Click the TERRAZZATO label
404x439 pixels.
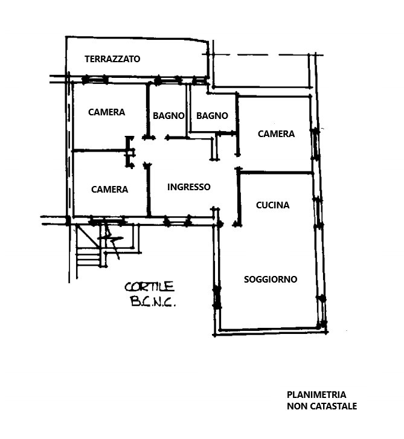(112, 59)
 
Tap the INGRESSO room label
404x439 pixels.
(188, 187)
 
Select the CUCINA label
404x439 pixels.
(273, 205)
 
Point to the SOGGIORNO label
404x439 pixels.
(271, 280)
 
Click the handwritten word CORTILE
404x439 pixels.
(150, 287)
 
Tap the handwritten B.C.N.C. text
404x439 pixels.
(153, 301)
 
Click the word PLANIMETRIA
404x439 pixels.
(316, 395)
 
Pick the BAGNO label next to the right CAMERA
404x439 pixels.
(212, 115)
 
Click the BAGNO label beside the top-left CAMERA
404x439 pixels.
(168, 115)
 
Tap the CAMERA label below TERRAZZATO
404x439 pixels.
(106, 112)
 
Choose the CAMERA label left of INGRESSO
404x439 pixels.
(109, 190)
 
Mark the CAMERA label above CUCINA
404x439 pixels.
(276, 134)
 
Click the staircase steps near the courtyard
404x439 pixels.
(88, 258)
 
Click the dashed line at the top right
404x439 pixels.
(266, 54)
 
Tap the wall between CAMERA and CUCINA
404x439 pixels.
(276, 173)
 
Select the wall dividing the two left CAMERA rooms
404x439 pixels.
(100, 151)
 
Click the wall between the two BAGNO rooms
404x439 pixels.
(187, 111)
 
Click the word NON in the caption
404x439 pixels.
(296, 406)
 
